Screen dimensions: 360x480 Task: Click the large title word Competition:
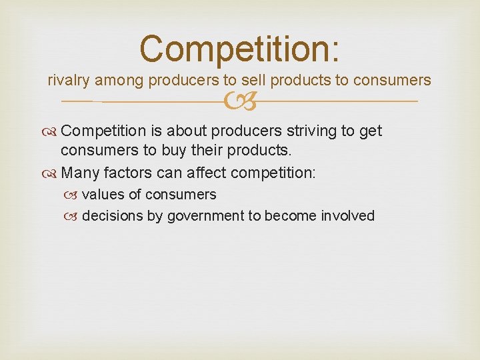pos(240,49)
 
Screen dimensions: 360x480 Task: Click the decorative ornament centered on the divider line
pos(240,102)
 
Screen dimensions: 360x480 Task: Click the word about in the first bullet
pos(185,131)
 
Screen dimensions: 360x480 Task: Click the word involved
pos(348,216)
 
